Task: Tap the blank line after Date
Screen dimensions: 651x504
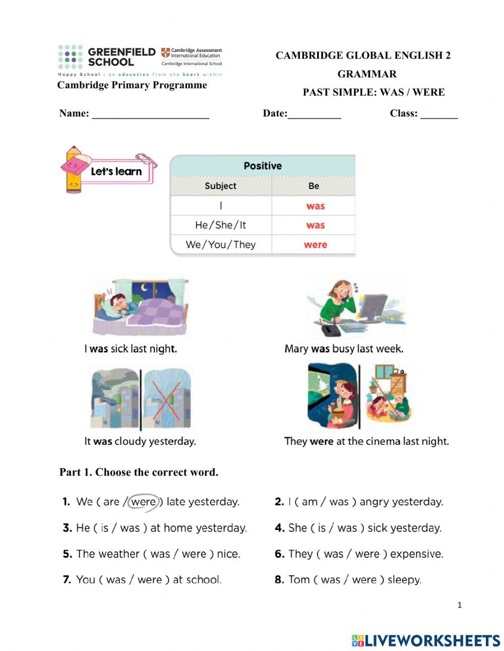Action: click(314, 115)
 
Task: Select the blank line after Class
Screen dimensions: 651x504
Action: click(439, 115)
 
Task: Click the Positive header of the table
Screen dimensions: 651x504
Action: click(263, 166)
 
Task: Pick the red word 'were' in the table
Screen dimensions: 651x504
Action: click(316, 245)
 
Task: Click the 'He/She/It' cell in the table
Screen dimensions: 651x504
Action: click(220, 225)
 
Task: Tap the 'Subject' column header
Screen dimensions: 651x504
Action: click(220, 186)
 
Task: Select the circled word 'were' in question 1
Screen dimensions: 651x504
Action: click(144, 502)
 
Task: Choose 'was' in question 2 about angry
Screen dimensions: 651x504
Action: click(339, 502)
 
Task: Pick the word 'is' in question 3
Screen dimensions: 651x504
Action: click(104, 528)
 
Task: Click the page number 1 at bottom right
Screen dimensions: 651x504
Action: click(459, 605)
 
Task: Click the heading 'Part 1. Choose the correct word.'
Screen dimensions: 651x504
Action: click(139, 472)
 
